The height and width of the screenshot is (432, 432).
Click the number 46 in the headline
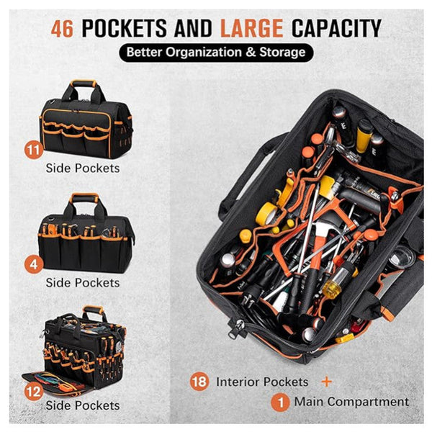tap(63, 28)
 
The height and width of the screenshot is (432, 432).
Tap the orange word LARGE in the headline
tap(248, 28)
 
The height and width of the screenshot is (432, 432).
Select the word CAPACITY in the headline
tap(336, 28)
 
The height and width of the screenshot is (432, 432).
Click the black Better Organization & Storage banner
tap(216, 53)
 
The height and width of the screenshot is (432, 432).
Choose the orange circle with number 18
tap(200, 382)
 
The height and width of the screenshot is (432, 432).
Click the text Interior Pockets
tap(261, 382)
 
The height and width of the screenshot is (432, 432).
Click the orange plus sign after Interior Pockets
tap(327, 382)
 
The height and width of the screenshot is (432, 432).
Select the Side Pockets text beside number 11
tap(83, 168)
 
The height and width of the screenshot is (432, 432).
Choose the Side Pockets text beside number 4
tap(83, 282)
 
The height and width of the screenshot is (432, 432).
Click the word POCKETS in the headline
tap(127, 28)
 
